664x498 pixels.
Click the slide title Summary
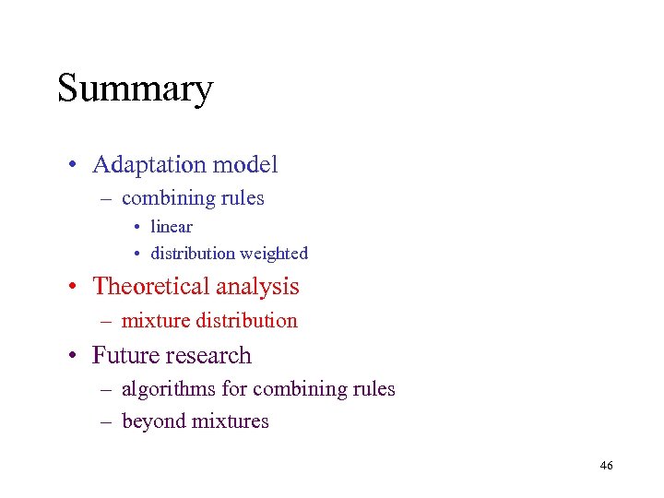[x=136, y=89]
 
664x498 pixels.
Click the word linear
[x=172, y=227]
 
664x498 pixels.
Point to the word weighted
[x=274, y=254]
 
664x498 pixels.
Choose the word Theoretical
[x=153, y=286]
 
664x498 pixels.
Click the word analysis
[x=259, y=287]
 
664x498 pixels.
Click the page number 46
[x=606, y=466]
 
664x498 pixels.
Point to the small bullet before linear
[x=135, y=228]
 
